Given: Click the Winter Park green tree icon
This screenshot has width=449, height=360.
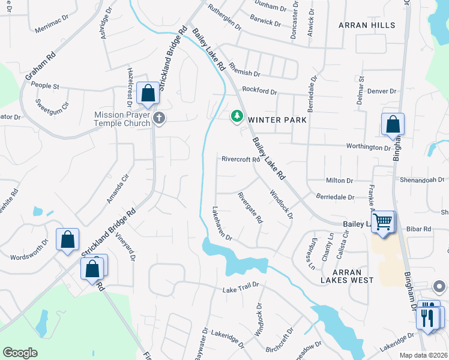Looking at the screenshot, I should [x=238, y=116].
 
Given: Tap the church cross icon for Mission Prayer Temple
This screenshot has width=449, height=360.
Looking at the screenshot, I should [x=159, y=118].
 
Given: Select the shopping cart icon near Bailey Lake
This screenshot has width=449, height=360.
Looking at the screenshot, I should [x=383, y=221].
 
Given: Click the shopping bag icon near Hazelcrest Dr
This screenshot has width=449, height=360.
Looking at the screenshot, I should [x=148, y=94].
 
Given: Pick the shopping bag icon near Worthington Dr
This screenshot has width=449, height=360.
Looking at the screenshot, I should [x=393, y=124].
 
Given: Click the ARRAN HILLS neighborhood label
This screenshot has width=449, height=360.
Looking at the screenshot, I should [x=367, y=25].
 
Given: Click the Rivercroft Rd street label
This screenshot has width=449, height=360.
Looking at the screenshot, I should [x=241, y=160].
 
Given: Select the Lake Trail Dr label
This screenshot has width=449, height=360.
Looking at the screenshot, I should [x=241, y=288].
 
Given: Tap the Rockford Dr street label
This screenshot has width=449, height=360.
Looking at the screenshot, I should [x=259, y=92].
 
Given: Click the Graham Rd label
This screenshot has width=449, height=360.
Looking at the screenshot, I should [x=40, y=66].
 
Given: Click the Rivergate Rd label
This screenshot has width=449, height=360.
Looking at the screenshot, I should [x=250, y=208].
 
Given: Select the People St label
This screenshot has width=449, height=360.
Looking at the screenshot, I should [x=45, y=86].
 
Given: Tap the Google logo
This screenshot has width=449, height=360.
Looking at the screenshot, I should [x=20, y=353].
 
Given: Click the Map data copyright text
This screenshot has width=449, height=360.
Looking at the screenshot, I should [x=423, y=355].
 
